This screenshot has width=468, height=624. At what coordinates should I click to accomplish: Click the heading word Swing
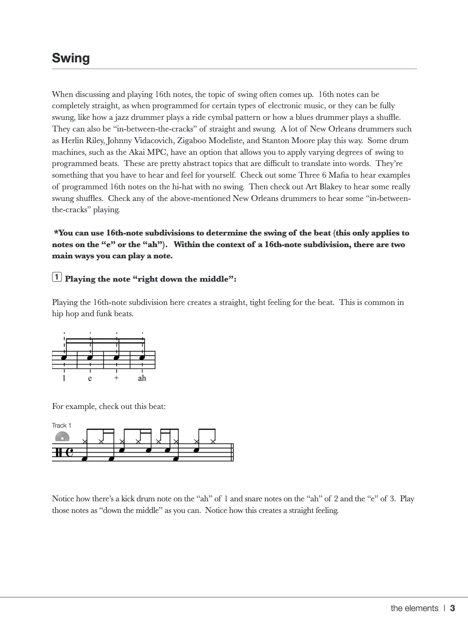pyautogui.click(x=71, y=58)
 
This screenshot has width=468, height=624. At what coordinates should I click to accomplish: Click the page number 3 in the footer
pyautogui.click(x=453, y=608)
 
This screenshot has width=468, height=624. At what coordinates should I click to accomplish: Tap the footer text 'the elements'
pyautogui.click(x=414, y=608)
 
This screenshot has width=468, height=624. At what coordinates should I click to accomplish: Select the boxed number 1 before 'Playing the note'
pyautogui.click(x=57, y=277)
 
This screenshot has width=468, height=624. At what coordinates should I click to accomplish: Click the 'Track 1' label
pyautogui.click(x=62, y=425)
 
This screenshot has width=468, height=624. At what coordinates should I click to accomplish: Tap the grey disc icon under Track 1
pyautogui.click(x=62, y=436)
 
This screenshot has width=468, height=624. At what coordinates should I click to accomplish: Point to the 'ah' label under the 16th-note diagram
pyautogui.click(x=142, y=378)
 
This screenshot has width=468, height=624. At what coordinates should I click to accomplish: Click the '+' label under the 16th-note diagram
pyautogui.click(x=116, y=378)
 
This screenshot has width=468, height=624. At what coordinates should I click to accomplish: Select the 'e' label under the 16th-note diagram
pyautogui.click(x=90, y=379)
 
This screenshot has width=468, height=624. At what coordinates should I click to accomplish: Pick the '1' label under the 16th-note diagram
pyautogui.click(x=64, y=378)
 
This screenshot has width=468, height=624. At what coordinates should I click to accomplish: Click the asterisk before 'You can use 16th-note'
pyautogui.click(x=56, y=233)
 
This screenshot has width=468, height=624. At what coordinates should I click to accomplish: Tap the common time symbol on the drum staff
pyautogui.click(x=69, y=453)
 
